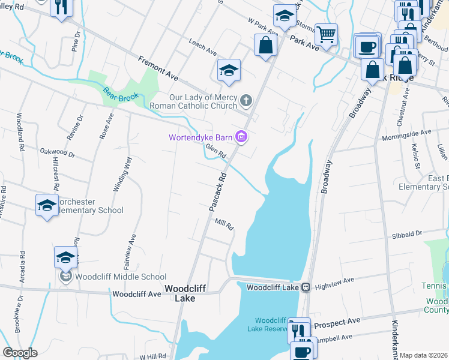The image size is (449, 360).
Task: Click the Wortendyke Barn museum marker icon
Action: pyautogui.click(x=242, y=137)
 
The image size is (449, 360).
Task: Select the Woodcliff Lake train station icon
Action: pyautogui.click(x=306, y=287)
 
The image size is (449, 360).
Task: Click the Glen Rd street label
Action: pyautogui.click(x=215, y=151)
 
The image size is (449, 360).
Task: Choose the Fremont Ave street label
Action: pyautogui.click(x=158, y=69)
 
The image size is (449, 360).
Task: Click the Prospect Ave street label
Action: pyautogui.click(x=337, y=322)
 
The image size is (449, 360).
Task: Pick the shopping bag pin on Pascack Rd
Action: pyautogui.click(x=265, y=44)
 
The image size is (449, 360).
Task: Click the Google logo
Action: pyautogui.click(x=20, y=353)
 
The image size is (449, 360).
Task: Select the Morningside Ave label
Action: pyautogui.click(x=406, y=132)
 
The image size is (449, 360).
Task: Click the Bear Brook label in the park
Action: pyautogui.click(x=121, y=95)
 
